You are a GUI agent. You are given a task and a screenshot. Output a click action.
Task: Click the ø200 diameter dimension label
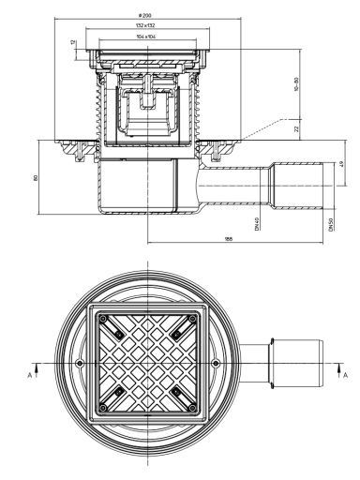[144, 15]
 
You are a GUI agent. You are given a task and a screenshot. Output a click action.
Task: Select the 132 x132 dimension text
[145, 25]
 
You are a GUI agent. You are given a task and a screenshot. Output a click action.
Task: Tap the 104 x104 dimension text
[146, 37]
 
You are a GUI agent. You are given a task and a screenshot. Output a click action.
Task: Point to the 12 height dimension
[73, 42]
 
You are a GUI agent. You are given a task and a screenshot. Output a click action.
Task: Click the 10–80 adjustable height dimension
[296, 84]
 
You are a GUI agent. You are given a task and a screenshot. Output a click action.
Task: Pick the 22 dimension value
[296, 128]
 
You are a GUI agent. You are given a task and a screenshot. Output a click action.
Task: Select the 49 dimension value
[341, 164]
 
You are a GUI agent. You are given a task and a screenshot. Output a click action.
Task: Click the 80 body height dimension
[36, 178]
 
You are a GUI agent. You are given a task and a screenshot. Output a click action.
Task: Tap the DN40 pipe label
[257, 224]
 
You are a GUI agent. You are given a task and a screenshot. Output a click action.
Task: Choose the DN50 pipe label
[331, 224]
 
